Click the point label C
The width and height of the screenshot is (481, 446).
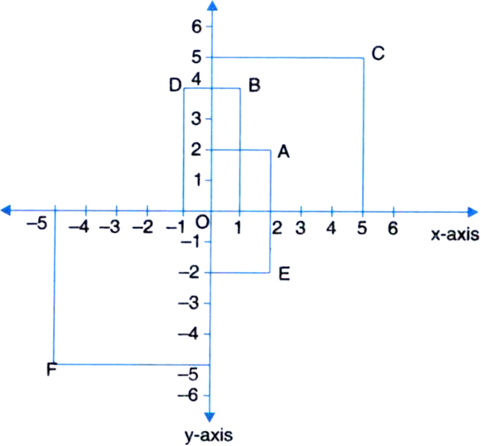tap(378, 53)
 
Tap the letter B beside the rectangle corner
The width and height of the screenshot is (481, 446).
tap(255, 85)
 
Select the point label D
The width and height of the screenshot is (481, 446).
tap(176, 85)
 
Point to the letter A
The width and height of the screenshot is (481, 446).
tap(284, 151)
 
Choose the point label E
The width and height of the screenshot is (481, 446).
tap(284, 274)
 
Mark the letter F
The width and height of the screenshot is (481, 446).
tap(52, 369)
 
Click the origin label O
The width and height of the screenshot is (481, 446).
tap(202, 222)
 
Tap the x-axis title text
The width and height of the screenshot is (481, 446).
tap(455, 235)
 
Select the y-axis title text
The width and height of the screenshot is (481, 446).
tap(209, 435)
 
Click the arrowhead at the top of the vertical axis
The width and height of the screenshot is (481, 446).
tap(212, 6)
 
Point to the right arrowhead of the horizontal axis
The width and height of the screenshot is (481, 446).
tap(473, 212)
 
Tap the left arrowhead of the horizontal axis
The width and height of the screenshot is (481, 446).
tap(6, 211)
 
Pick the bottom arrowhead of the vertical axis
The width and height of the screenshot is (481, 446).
tap(210, 417)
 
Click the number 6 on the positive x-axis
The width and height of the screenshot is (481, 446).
tap(393, 228)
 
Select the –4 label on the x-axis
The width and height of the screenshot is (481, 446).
tap(79, 227)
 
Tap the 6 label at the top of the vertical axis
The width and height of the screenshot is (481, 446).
tap(196, 27)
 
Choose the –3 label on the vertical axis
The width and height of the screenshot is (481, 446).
tap(188, 304)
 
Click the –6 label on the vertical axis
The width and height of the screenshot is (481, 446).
tap(188, 395)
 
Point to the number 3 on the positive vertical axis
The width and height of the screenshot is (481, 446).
tap(196, 119)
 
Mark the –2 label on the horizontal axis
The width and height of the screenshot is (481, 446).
tap(142, 227)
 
